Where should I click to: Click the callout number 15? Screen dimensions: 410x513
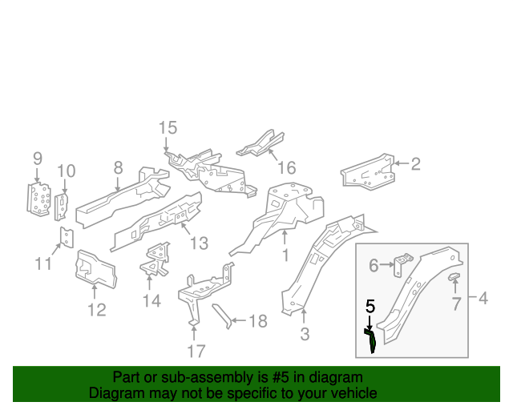(167, 127)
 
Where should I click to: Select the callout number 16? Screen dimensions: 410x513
(286, 167)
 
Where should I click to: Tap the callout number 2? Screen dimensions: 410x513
(415, 164)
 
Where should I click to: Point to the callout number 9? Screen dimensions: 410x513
(37, 158)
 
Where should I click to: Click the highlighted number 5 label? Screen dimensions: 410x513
(370, 306)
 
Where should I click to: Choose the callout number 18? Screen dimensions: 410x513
(257, 321)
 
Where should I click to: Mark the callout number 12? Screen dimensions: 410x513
(96, 309)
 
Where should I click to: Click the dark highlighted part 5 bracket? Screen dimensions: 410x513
(372, 339)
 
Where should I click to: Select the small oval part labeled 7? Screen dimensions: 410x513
(454, 277)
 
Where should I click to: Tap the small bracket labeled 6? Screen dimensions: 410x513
(403, 264)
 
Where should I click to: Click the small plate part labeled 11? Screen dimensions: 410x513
(68, 237)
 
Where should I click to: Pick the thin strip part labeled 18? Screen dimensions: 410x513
(220, 315)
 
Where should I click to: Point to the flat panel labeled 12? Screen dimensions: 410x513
(95, 267)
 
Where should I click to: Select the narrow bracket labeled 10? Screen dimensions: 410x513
(61, 204)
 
